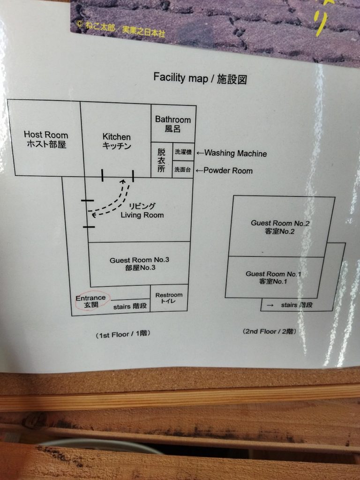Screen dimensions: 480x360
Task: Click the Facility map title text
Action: (200, 78)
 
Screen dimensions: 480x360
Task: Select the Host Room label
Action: (45, 140)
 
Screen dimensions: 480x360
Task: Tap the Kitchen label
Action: (116, 141)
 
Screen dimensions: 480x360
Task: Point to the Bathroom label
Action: (173, 124)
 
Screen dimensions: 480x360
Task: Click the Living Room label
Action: (142, 210)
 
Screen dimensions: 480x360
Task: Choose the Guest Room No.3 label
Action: (139, 264)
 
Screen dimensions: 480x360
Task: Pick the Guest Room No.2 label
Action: (279, 227)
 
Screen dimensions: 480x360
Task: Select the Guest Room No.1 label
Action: (272, 277)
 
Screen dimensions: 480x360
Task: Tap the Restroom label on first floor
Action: (169, 298)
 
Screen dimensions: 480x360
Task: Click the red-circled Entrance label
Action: (90, 301)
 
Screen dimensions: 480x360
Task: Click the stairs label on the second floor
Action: (296, 305)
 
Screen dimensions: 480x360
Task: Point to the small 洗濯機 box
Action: (183, 152)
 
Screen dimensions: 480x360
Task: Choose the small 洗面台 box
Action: (182, 169)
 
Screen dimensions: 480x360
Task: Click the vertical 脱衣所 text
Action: (161, 160)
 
